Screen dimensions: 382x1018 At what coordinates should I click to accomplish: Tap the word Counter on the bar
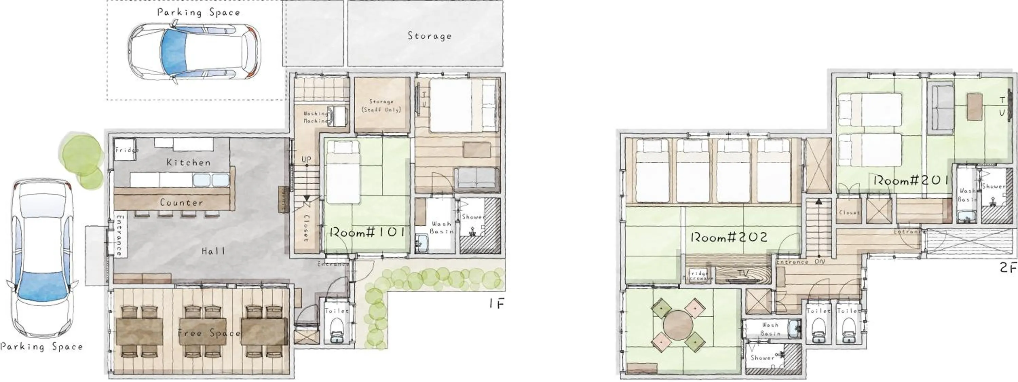pos(182,203)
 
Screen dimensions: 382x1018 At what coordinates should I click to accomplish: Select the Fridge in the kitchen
pos(125,150)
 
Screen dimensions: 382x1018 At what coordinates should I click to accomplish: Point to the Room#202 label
pos(729,237)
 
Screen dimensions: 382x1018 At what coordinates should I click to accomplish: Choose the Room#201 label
pos(910,181)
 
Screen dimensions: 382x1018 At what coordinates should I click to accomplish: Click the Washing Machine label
pos(315,117)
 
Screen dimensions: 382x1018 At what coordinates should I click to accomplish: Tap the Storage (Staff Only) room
pos(381,106)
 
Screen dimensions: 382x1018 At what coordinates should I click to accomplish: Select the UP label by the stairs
pos(306,159)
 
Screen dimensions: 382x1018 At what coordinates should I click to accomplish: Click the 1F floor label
pos(496,303)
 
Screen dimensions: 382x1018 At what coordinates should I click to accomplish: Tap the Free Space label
pos(209,333)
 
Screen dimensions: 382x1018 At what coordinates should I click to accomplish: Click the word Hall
pos(213,251)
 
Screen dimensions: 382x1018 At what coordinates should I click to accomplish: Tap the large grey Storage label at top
pos(429,36)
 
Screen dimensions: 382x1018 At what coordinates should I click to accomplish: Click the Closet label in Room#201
pos(849,212)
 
